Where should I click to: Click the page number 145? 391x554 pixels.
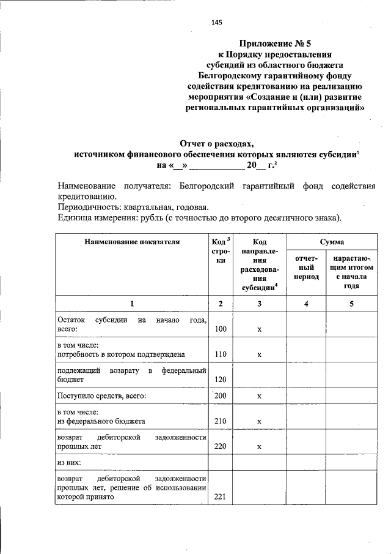pos(216,23)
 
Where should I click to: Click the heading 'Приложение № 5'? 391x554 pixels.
pos(275,43)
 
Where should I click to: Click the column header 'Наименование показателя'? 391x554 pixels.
pos(132,242)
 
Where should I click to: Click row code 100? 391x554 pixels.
pos(221,329)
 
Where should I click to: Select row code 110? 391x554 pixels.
pos(221,354)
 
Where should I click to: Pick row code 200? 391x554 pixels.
pos(221,396)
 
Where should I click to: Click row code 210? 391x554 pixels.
pos(221,421)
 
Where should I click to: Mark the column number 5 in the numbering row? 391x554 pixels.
pos(351,304)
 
